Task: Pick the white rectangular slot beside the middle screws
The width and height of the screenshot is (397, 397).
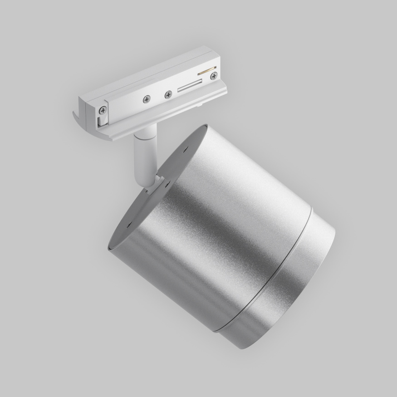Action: point(189,85)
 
